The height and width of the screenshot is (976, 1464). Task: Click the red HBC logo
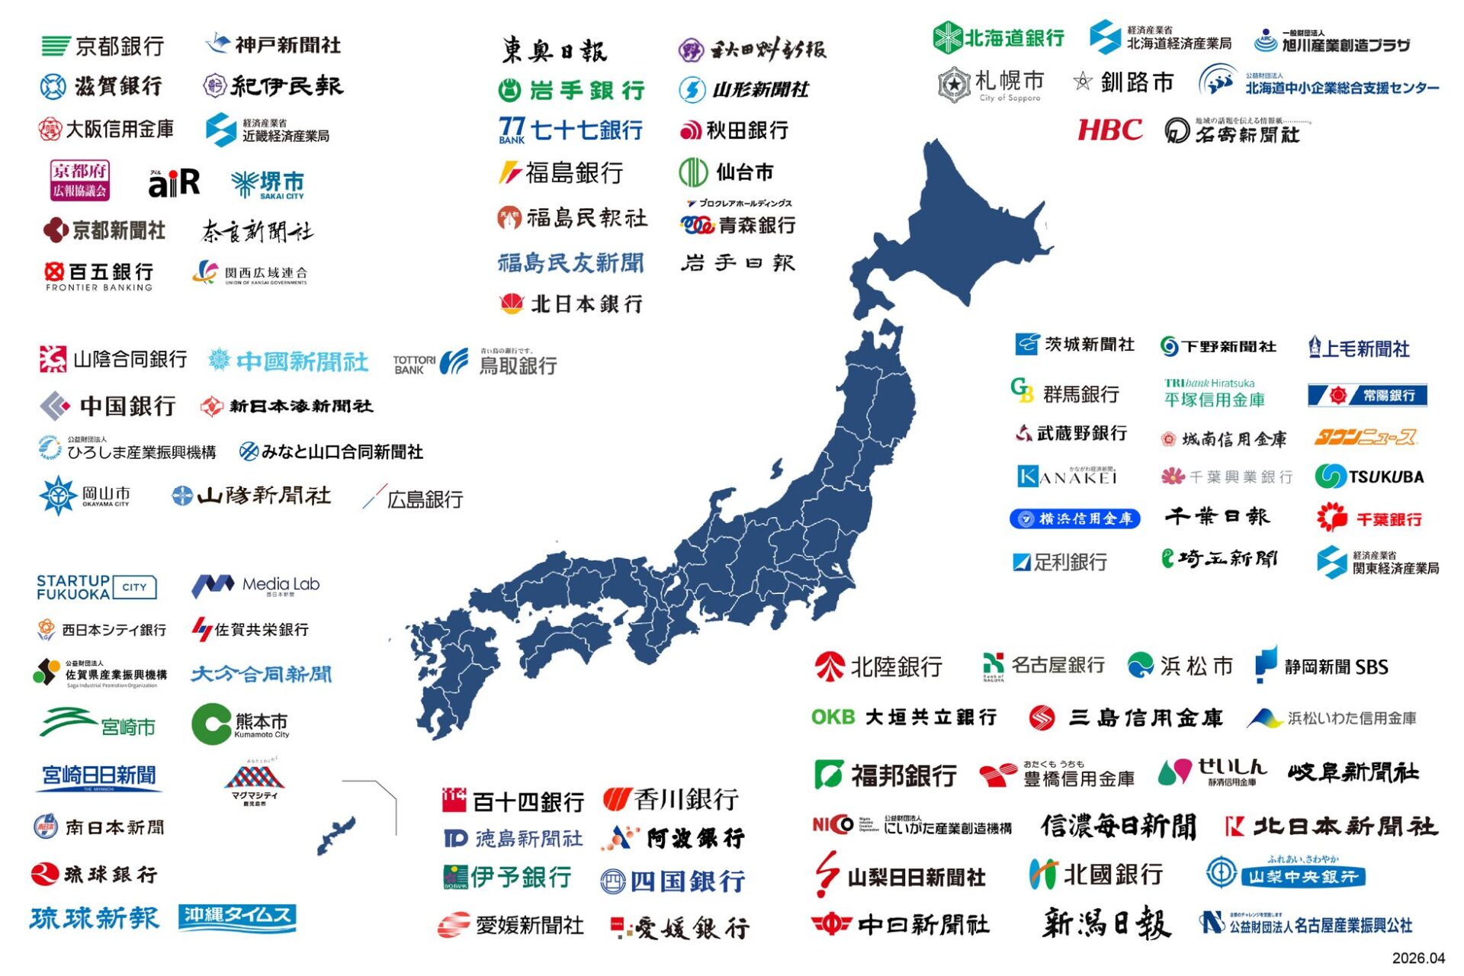point(1109,130)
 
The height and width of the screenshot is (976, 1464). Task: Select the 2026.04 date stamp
point(1417,958)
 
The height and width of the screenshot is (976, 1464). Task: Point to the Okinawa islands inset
point(336,834)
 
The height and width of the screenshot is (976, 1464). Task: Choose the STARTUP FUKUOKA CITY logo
point(96,587)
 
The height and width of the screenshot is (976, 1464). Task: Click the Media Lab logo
point(255,586)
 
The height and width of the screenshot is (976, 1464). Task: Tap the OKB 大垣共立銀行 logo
point(904,718)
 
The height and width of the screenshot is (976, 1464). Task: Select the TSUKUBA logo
point(1369,477)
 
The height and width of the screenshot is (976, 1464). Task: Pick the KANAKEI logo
point(1067,477)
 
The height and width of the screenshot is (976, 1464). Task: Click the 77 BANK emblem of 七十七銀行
point(512,130)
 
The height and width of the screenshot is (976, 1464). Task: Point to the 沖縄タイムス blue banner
point(237,917)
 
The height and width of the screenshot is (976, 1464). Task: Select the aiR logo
point(174,183)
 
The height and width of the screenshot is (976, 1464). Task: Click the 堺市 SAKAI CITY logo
point(268,184)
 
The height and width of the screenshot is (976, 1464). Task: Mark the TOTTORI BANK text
point(413,364)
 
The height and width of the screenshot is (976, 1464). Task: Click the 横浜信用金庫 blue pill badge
point(1074,519)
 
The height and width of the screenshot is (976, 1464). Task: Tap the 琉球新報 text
point(95,918)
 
